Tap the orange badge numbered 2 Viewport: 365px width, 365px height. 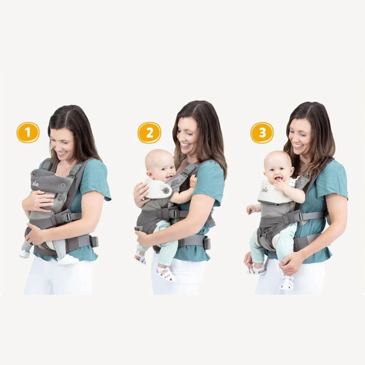[150, 133]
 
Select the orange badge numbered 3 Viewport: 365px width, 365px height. [262, 133]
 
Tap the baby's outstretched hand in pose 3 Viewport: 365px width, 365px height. [251, 209]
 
